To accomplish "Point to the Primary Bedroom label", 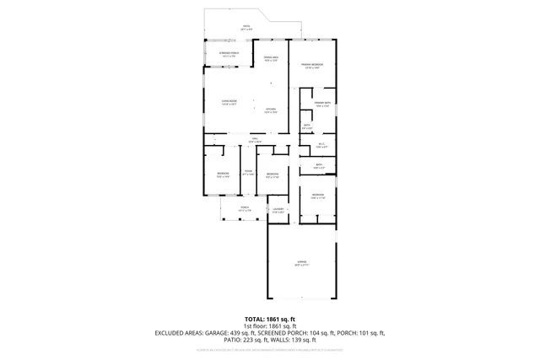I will [x=313, y=66].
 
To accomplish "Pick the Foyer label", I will [x=248, y=172].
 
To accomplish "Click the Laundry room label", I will [x=278, y=211].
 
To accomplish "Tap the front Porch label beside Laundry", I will [x=244, y=209].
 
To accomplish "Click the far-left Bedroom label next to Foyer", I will [x=222, y=175].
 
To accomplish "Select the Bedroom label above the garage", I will [x=317, y=196].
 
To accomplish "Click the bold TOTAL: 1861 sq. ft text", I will [x=270, y=319].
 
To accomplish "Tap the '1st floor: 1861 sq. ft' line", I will [x=270, y=325].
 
